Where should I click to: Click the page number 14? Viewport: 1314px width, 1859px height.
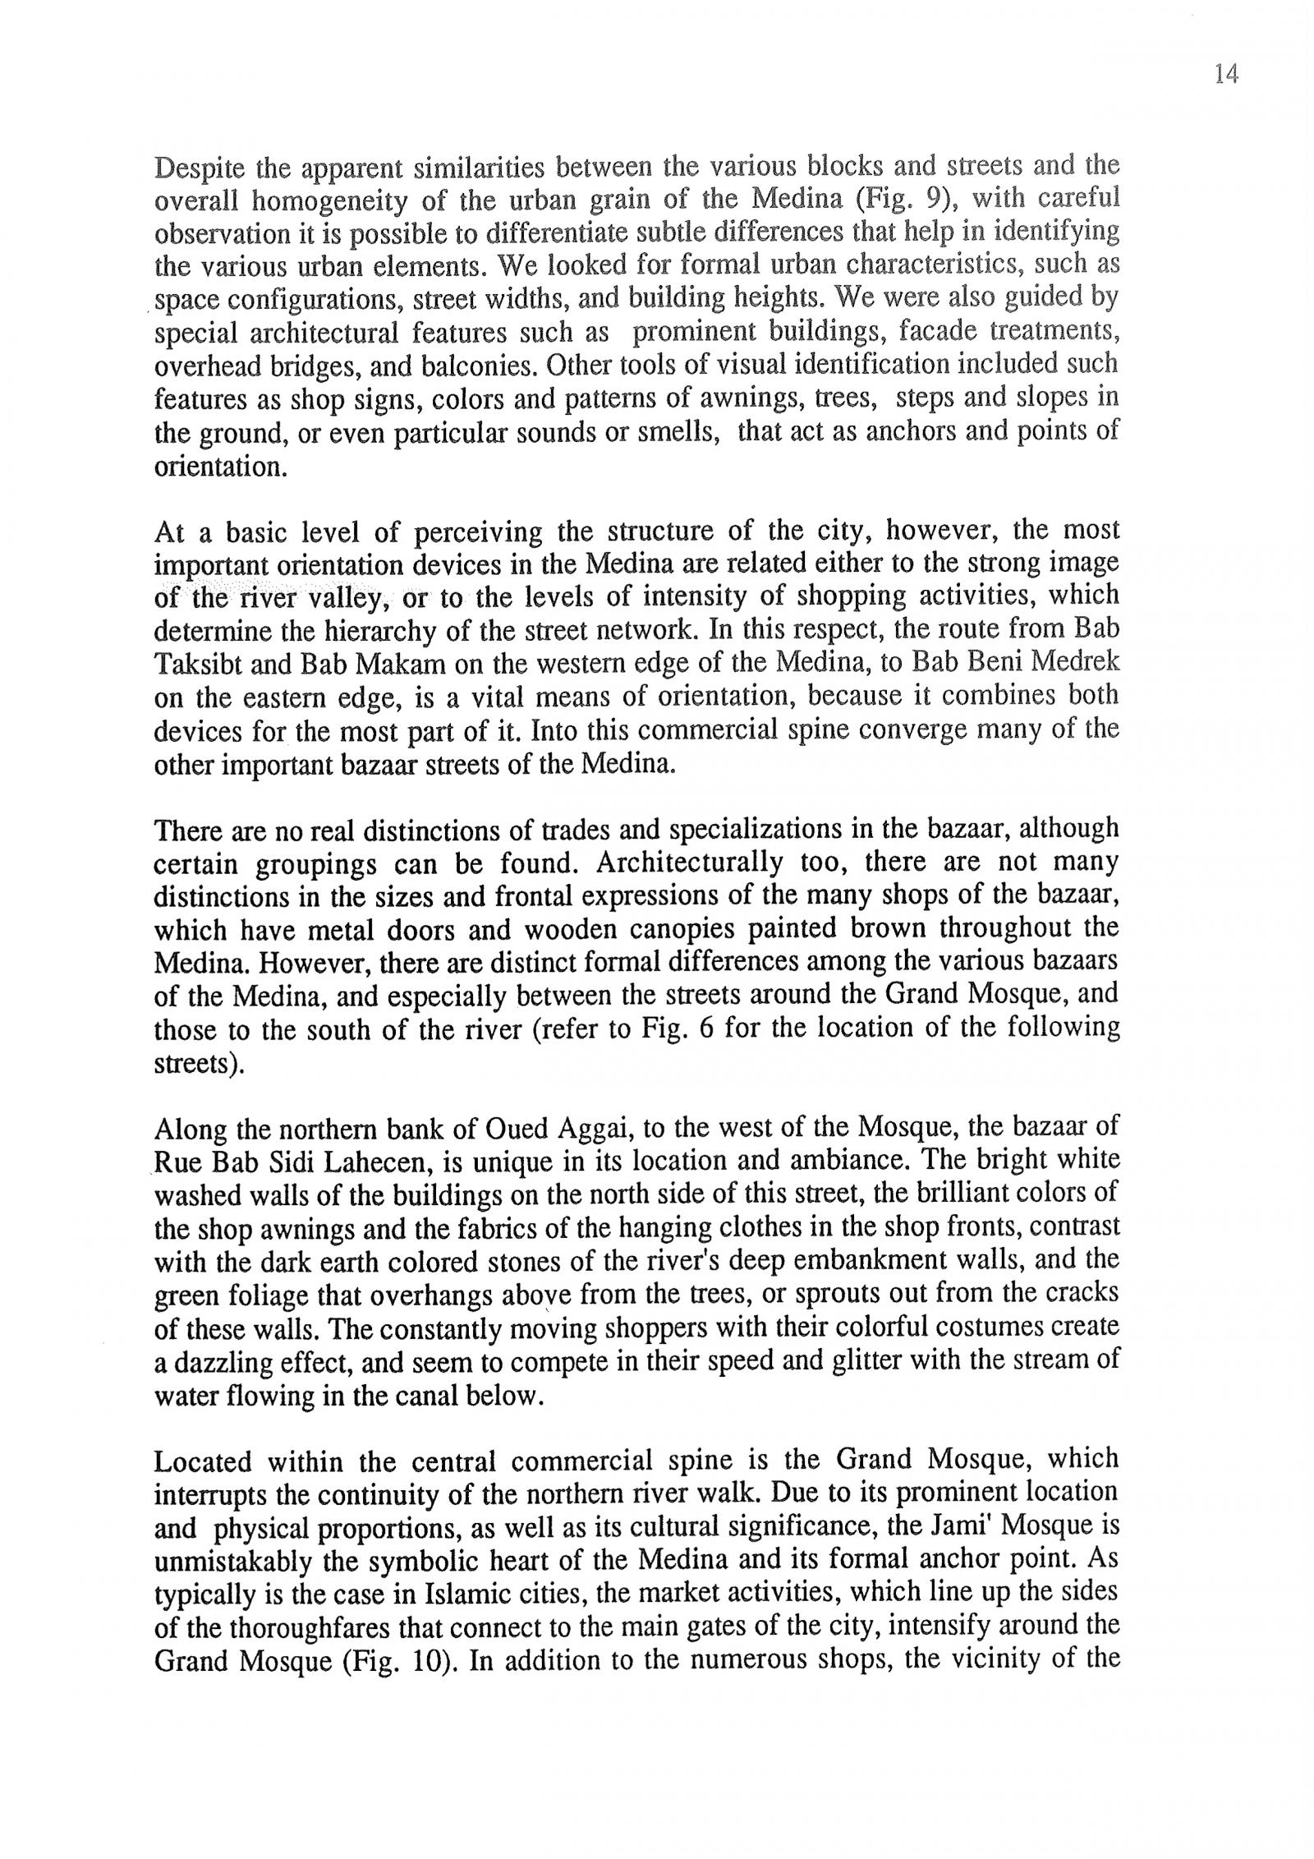coord(1224,75)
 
